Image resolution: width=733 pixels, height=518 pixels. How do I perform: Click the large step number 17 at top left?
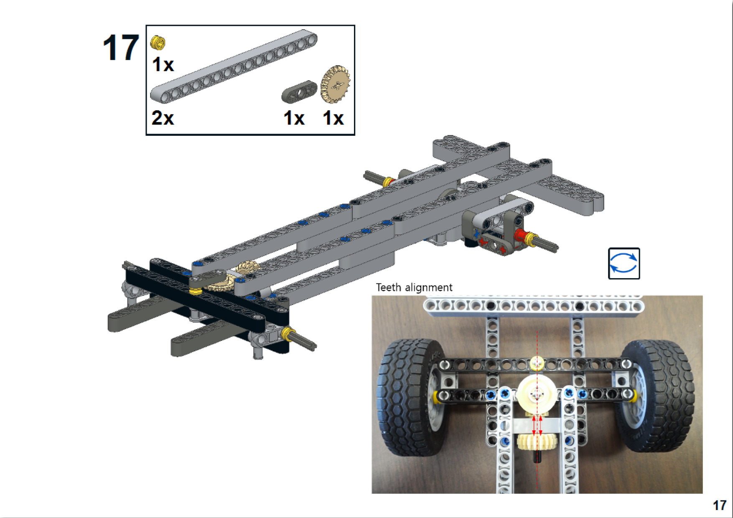(x=121, y=48)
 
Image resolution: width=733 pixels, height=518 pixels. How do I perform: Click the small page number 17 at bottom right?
(x=719, y=505)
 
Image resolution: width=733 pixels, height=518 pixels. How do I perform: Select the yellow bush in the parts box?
(x=158, y=42)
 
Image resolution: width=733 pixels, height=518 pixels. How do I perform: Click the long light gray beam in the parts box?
(x=234, y=66)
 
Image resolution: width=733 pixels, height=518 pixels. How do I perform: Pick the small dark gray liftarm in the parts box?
(x=299, y=91)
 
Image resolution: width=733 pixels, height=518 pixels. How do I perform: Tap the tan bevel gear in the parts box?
(x=335, y=84)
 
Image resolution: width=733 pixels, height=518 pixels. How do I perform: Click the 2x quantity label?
(x=163, y=118)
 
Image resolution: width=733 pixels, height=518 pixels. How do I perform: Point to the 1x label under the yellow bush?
(x=163, y=65)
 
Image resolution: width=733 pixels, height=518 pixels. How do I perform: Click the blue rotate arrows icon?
(x=624, y=264)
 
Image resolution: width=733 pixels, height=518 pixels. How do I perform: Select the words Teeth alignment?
(x=414, y=287)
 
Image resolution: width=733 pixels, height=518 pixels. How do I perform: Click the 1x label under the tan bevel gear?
(x=333, y=118)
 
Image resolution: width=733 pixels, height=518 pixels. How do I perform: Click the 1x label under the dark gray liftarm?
(x=294, y=118)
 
